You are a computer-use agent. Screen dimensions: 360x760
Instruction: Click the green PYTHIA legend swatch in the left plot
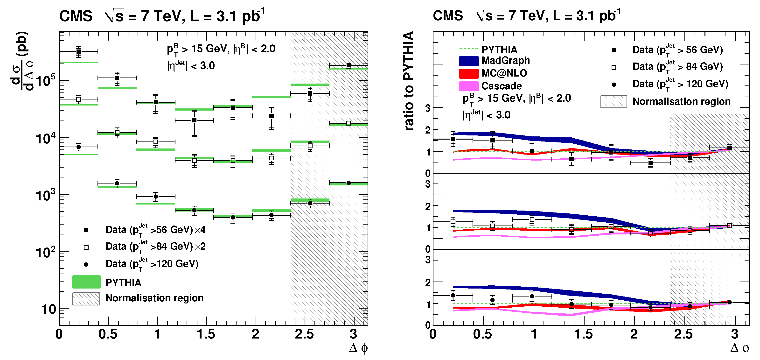(86, 282)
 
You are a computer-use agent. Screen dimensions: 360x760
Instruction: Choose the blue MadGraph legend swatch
(468, 61)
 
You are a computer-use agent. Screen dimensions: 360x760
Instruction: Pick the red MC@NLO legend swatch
(468, 73)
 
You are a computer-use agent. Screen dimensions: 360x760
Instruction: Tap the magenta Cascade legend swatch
(468, 86)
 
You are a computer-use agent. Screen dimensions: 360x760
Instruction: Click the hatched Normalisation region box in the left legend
(86, 299)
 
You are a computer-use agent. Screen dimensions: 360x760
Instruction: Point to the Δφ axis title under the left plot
(358, 348)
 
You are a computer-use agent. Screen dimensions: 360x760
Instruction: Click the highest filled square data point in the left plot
(78, 52)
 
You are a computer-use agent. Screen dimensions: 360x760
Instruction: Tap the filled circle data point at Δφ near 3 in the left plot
(349, 183)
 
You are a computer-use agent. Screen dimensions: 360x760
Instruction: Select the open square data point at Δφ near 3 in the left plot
(349, 123)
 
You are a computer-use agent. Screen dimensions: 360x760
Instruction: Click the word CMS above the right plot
(447, 16)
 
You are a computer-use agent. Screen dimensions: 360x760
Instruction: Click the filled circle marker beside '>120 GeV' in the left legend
(86, 264)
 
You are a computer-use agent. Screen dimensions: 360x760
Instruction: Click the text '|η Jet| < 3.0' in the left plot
(191, 65)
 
